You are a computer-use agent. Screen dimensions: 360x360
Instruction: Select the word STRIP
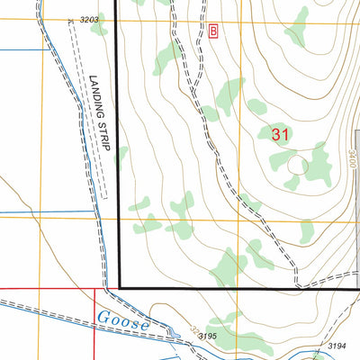(102, 137)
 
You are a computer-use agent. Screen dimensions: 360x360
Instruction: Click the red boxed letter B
(213, 32)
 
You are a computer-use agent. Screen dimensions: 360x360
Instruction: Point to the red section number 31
(281, 133)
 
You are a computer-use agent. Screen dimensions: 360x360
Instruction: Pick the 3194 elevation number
(337, 346)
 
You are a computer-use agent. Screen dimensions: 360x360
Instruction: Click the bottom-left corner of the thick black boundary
(119, 288)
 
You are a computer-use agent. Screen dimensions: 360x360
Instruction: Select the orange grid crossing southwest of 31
(240, 219)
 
